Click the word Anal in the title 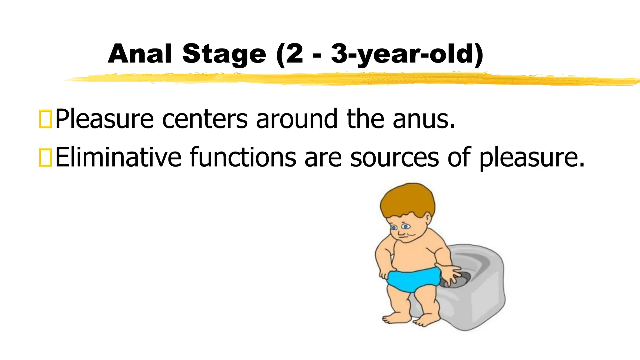[140, 54]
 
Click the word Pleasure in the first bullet [104, 119]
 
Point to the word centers [205, 119]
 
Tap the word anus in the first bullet [424, 119]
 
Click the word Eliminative [118, 157]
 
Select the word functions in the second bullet [243, 157]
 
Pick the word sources [394, 157]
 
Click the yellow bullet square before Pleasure [45, 119]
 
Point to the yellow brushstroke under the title [344, 78]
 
